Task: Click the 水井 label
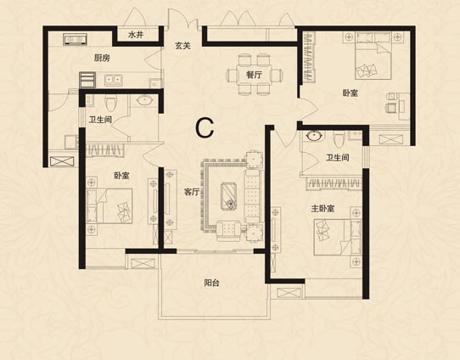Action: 136,35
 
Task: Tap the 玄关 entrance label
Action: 182,46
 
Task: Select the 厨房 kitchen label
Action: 102,58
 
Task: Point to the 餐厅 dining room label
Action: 254,75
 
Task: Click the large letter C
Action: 205,128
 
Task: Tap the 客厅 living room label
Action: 192,192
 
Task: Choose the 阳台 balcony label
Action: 211,283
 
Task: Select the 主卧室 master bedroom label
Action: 323,209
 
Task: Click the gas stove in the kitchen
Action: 75,39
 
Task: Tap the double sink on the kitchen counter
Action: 113,80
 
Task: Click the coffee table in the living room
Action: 229,195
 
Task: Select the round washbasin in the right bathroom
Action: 315,136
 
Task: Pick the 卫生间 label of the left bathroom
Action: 100,120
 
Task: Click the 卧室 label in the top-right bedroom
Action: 351,93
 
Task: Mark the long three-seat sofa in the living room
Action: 252,195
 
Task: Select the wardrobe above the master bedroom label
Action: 334,184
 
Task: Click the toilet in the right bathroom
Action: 339,139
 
